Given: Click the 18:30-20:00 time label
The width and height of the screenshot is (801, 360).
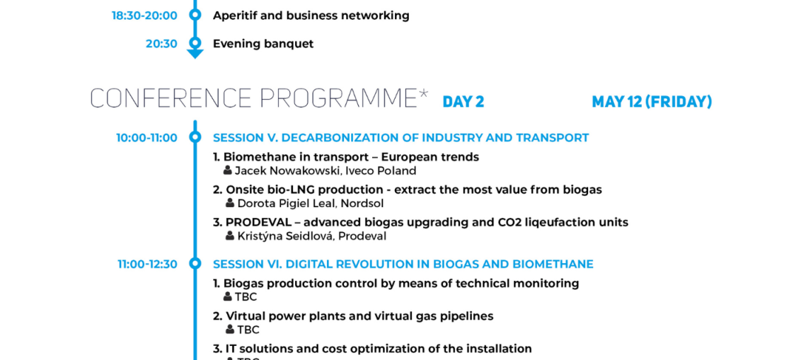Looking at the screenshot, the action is tap(144, 16).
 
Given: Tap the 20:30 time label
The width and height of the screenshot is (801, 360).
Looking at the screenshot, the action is tap(161, 44).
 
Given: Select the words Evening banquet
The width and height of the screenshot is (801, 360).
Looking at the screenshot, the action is tap(263, 44).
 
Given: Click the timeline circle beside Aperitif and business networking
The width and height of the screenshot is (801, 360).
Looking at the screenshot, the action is tap(195, 15).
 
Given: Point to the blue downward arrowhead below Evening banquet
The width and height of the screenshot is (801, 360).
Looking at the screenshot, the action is tap(195, 54).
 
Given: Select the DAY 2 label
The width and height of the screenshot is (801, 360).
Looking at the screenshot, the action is tap(463, 102).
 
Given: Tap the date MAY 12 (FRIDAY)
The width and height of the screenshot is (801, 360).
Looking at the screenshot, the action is tap(651, 102).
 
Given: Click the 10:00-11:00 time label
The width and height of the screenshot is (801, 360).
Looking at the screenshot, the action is tap(146, 138).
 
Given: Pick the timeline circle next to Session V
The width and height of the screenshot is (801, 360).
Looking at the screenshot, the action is tap(195, 137).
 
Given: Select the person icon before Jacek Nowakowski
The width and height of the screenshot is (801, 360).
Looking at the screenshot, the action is tap(228, 170).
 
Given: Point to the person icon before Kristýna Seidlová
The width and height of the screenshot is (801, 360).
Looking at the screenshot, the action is tap(230, 236).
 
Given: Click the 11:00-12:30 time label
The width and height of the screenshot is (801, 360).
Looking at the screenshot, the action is tap(148, 265).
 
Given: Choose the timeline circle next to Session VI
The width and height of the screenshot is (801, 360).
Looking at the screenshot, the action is tap(195, 264).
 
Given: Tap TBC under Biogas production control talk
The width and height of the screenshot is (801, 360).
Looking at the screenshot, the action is tap(246, 297).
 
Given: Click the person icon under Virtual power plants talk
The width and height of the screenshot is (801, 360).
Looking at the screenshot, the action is tap(230, 330).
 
